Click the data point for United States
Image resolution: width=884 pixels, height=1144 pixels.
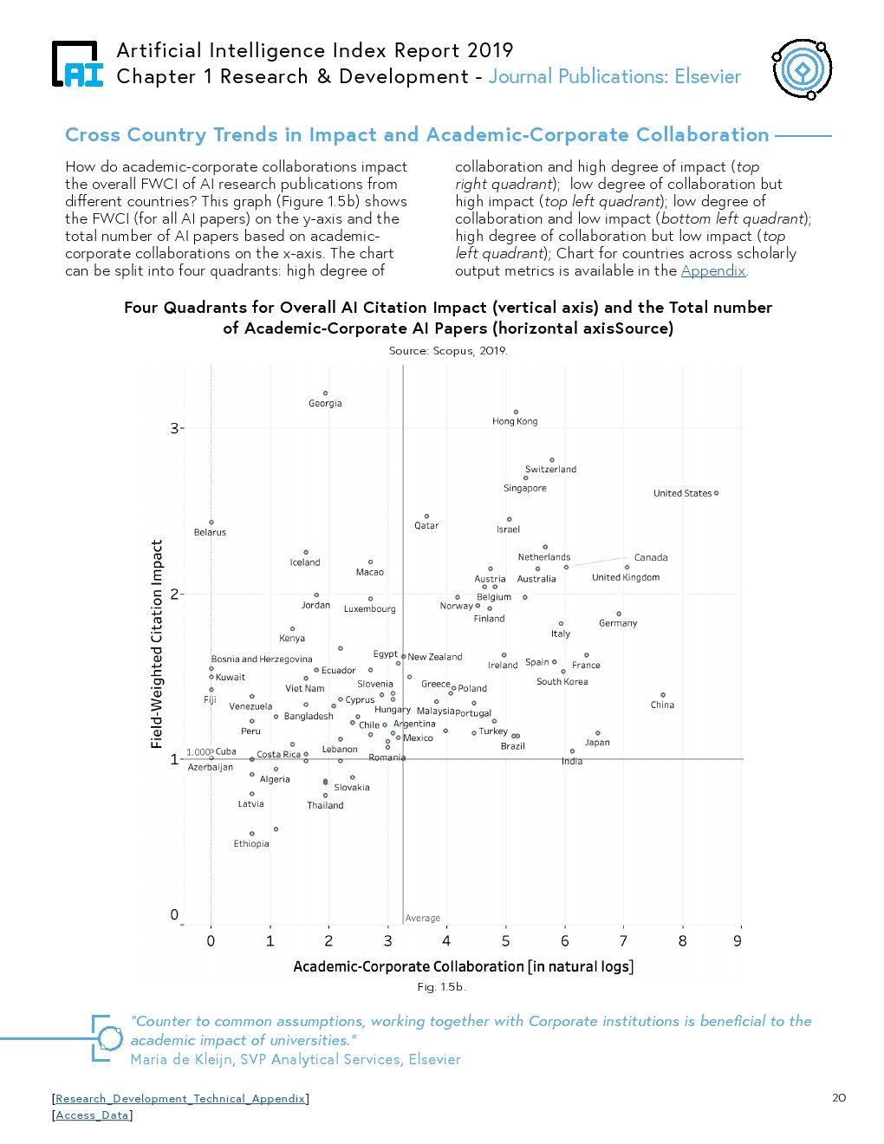point(716,493)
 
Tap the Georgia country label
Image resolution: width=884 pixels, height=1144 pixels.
point(325,403)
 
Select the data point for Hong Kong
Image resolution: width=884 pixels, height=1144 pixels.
point(516,412)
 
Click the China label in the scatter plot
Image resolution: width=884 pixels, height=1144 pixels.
point(662,705)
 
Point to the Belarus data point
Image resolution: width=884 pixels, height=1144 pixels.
point(211,522)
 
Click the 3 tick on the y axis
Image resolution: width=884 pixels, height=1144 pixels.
point(174,428)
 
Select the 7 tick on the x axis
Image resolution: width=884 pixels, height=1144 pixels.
point(623,941)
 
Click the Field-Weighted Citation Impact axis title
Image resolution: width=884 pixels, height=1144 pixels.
point(157,643)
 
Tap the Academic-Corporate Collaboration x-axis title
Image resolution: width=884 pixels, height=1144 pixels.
point(463,966)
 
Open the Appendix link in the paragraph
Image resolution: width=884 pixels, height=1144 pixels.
point(712,270)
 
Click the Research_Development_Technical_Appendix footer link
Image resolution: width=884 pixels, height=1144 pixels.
point(180,1098)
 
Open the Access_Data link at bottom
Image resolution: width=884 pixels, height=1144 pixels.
point(92,1115)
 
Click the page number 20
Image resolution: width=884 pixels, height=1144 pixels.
point(838,1098)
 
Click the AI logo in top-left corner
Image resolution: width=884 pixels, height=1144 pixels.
point(77,65)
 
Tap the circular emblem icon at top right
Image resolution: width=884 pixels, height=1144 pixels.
point(802,68)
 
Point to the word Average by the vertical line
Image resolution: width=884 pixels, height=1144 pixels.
point(423,918)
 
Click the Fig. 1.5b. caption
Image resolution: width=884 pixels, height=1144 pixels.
point(441,986)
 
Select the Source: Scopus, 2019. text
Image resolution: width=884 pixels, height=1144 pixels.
point(448,350)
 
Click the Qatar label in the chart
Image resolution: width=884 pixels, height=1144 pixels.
point(426,525)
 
